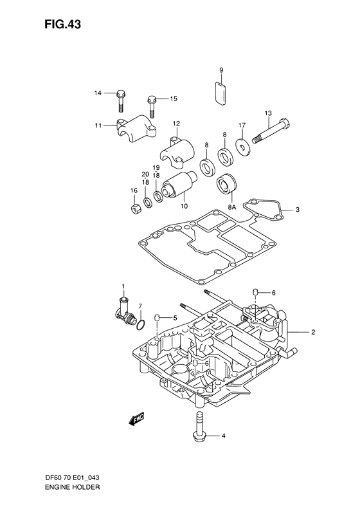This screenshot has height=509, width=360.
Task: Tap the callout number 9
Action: (221, 69)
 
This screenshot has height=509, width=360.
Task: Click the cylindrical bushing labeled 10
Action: (177, 186)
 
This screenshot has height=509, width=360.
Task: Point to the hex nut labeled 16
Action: (136, 209)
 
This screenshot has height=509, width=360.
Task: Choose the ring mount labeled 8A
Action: (227, 184)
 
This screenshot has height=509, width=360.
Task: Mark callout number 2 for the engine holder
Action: (313, 333)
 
